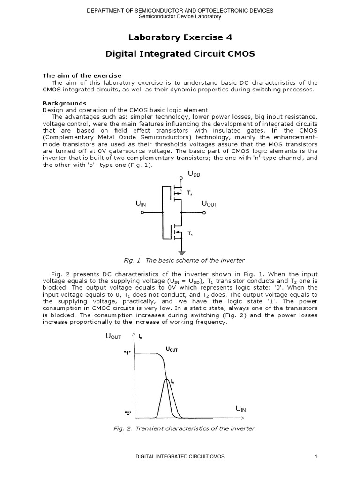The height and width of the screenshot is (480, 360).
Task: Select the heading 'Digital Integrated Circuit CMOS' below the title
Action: [x=180, y=54]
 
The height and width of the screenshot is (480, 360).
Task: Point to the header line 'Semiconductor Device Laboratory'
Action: [x=180, y=16]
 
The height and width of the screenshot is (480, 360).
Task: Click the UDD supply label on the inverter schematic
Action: [x=193, y=174]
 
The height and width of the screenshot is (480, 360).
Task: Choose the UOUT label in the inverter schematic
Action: [x=209, y=204]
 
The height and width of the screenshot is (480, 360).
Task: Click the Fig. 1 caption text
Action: [x=180, y=260]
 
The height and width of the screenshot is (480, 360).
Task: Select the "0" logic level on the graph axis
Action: [x=127, y=413]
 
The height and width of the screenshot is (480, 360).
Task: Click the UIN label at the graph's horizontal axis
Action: [x=240, y=409]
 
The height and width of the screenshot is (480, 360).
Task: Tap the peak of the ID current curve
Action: [x=167, y=380]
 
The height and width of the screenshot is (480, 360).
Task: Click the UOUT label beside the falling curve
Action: [x=172, y=349]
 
